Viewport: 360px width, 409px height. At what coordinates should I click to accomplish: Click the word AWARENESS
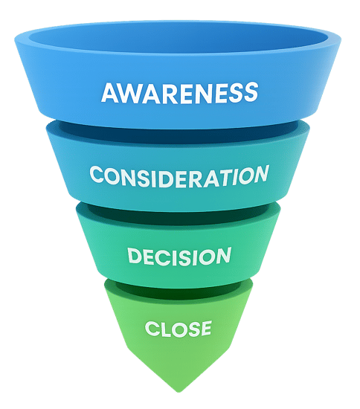[x=179, y=93]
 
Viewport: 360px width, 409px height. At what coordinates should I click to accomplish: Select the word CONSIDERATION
[x=179, y=176]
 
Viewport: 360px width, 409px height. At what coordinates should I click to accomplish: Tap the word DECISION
[x=179, y=257]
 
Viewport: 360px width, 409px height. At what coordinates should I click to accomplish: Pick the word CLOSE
[x=179, y=328]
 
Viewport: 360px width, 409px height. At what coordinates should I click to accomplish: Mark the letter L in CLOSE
[x=159, y=328]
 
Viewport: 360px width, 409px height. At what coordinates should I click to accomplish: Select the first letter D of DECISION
[x=135, y=257]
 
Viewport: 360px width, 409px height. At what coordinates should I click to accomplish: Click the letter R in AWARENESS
[x=164, y=93]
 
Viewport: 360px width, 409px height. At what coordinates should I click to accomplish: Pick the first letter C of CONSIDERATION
[x=97, y=177]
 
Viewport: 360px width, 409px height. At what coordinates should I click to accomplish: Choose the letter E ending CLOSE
[x=205, y=328]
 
